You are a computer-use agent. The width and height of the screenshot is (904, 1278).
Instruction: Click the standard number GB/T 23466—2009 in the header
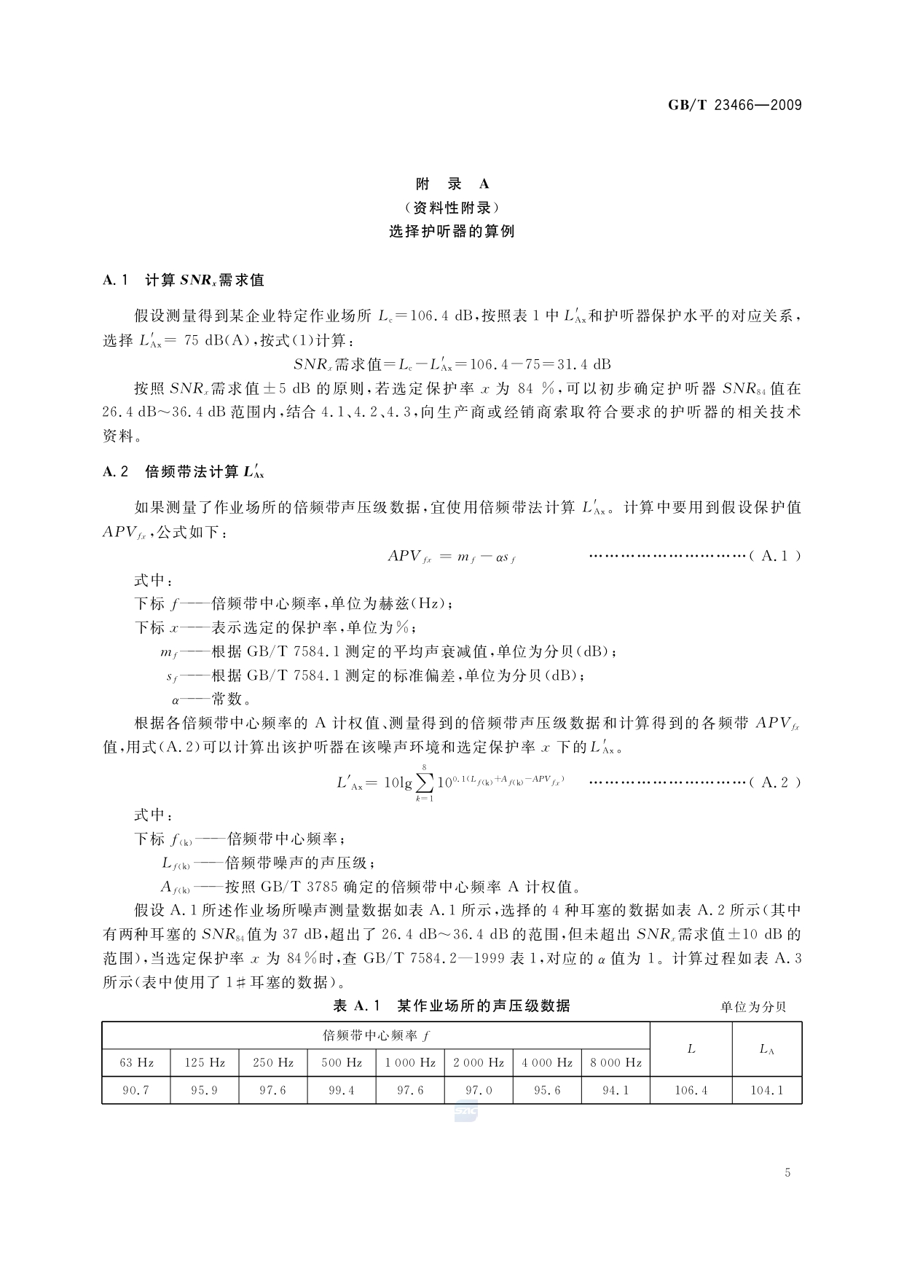(734, 105)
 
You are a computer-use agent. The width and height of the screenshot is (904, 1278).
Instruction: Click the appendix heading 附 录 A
(452, 184)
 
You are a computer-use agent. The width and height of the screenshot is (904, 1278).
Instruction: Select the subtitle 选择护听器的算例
(452, 232)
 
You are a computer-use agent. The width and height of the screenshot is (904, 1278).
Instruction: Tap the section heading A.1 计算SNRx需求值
(184, 280)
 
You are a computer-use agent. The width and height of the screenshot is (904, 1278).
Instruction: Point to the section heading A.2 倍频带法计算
(184, 472)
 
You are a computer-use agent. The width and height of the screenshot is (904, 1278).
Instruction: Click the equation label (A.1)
(775, 556)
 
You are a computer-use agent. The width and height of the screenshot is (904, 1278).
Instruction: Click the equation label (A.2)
(775, 783)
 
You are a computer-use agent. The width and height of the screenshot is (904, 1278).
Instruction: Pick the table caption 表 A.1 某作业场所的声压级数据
(452, 1006)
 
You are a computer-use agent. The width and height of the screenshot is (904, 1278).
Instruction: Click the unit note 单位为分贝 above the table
(753, 1007)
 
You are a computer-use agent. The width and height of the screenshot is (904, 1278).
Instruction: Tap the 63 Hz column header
(136, 1062)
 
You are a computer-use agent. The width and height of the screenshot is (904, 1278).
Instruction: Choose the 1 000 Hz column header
(410, 1062)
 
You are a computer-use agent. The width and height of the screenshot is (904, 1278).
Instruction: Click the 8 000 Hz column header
(616, 1062)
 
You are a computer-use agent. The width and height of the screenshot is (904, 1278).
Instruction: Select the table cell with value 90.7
(136, 1091)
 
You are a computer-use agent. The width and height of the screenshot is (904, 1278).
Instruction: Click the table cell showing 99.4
(342, 1091)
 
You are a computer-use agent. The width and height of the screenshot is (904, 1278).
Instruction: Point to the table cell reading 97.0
(479, 1091)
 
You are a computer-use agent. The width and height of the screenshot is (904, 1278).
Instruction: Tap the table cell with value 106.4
(691, 1091)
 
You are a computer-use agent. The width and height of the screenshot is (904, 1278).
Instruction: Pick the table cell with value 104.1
(766, 1091)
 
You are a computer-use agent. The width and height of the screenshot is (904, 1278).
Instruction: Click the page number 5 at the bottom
(787, 1172)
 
